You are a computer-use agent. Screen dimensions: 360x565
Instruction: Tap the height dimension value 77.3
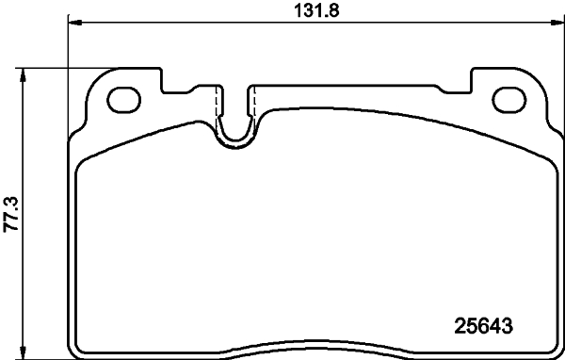[x=12, y=212]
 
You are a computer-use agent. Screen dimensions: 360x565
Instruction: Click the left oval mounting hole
[x=124, y=98]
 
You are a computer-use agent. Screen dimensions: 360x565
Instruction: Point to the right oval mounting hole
[x=508, y=98]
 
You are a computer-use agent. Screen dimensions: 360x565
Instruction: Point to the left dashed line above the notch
[x=218, y=102]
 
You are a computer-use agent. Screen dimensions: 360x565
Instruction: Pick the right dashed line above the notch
[x=253, y=102]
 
